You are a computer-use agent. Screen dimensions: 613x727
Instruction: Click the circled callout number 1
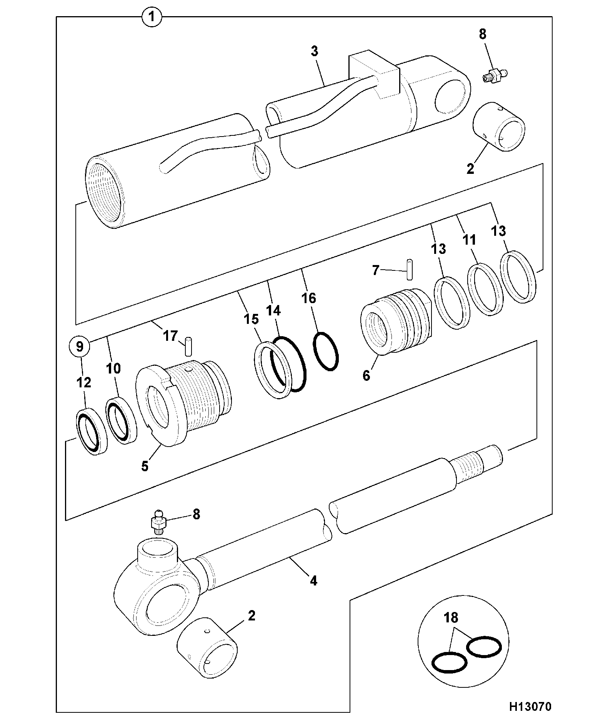pyautogui.click(x=152, y=17)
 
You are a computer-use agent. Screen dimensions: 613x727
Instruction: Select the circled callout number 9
pyautogui.click(x=80, y=347)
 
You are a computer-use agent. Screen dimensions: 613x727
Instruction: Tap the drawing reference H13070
pyautogui.click(x=530, y=707)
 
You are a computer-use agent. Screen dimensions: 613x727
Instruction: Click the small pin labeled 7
pyautogui.click(x=409, y=270)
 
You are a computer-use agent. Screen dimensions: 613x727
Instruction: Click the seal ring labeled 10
pyautogui.click(x=122, y=420)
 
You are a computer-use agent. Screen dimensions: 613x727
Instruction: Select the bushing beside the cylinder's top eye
pyautogui.click(x=499, y=127)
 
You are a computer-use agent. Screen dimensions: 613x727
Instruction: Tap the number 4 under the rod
pyautogui.click(x=313, y=581)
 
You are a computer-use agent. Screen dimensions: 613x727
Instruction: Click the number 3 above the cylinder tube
pyautogui.click(x=315, y=51)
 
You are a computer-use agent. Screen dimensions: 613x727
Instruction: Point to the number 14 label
pyautogui.click(x=273, y=310)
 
